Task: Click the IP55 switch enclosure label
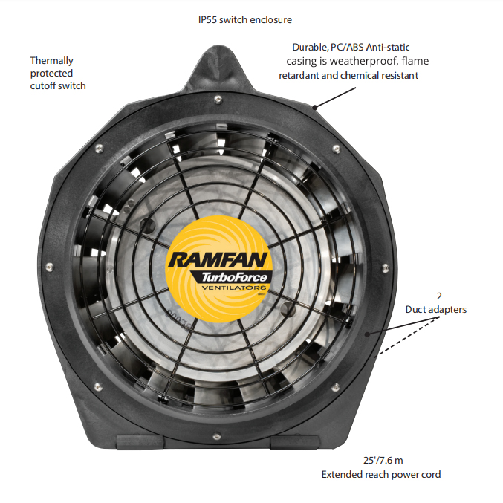(244, 19)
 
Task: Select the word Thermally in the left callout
(51, 60)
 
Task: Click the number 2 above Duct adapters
(438, 296)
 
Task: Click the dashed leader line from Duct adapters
(409, 336)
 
